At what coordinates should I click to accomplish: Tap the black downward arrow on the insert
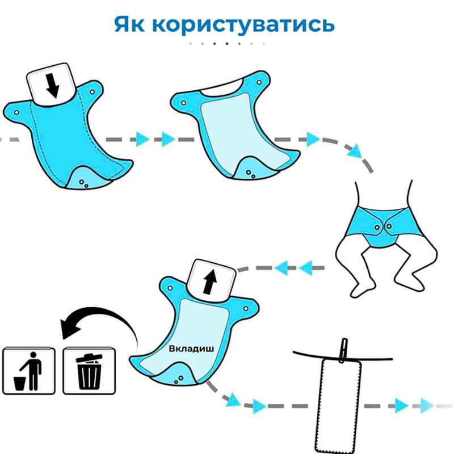[x=52, y=85]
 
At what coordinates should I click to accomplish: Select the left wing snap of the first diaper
[x=16, y=113]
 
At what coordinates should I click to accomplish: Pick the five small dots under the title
[x=226, y=43]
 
